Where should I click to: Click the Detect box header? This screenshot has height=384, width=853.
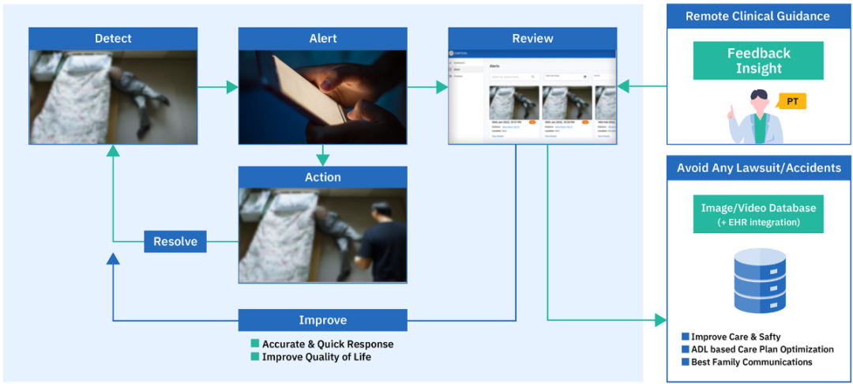[x=113, y=39]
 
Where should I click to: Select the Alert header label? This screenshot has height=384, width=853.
[x=323, y=39]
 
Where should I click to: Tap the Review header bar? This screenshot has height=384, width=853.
[x=532, y=39]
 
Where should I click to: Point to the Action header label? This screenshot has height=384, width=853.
[x=323, y=177]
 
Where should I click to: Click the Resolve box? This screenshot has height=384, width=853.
[x=175, y=242]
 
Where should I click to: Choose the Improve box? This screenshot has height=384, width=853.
[x=323, y=320]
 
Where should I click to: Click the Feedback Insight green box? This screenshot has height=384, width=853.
[x=758, y=61]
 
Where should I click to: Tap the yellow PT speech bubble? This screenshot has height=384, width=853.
[x=791, y=101]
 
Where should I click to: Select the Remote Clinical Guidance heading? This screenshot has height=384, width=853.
[x=757, y=16]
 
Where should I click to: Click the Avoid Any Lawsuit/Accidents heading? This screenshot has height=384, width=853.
[x=758, y=168]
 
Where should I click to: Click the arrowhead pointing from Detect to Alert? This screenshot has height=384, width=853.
[x=231, y=87]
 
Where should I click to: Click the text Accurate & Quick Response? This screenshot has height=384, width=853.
[x=328, y=344]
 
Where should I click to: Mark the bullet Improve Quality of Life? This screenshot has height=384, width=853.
[x=316, y=356]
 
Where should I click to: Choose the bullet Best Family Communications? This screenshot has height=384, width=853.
[x=751, y=362]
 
